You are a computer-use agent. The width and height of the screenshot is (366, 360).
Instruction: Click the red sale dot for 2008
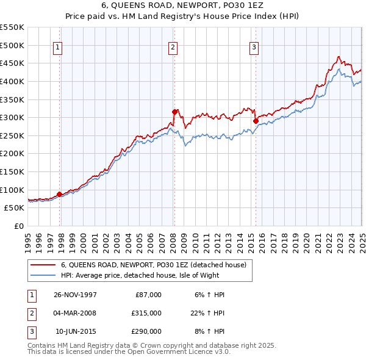click(x=174, y=112)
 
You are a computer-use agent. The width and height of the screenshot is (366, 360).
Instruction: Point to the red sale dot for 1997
click(x=59, y=194)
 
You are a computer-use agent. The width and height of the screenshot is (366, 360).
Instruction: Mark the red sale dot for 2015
click(x=256, y=121)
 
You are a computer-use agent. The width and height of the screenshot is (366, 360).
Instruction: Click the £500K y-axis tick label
click(x=12, y=45)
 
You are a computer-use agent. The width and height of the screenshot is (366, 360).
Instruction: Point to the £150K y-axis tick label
click(x=12, y=171)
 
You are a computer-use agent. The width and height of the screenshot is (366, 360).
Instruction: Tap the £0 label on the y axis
click(x=20, y=226)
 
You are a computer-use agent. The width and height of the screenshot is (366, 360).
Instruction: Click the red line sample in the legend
click(x=43, y=265)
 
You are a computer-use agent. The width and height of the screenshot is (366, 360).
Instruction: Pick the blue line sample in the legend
click(x=43, y=275)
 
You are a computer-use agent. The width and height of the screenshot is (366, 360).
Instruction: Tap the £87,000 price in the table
click(x=148, y=295)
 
